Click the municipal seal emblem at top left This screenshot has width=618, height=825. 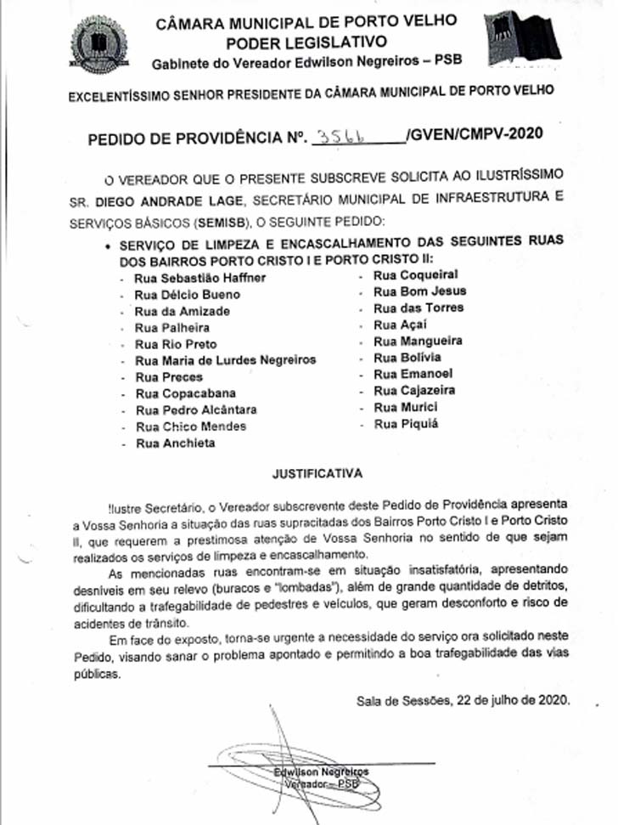tap(99, 45)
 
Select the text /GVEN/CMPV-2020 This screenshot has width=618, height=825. tap(473, 134)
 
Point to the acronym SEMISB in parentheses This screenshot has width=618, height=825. tap(222, 222)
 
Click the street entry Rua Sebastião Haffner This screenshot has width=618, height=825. tap(200, 278)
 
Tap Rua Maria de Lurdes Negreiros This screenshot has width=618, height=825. tap(225, 360)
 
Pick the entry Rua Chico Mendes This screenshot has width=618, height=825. tap(191, 427)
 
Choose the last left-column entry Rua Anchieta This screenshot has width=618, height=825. tap(176, 444)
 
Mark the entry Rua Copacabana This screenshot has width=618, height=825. tap(185, 393)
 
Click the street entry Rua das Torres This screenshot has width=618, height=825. tap(419, 308)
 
